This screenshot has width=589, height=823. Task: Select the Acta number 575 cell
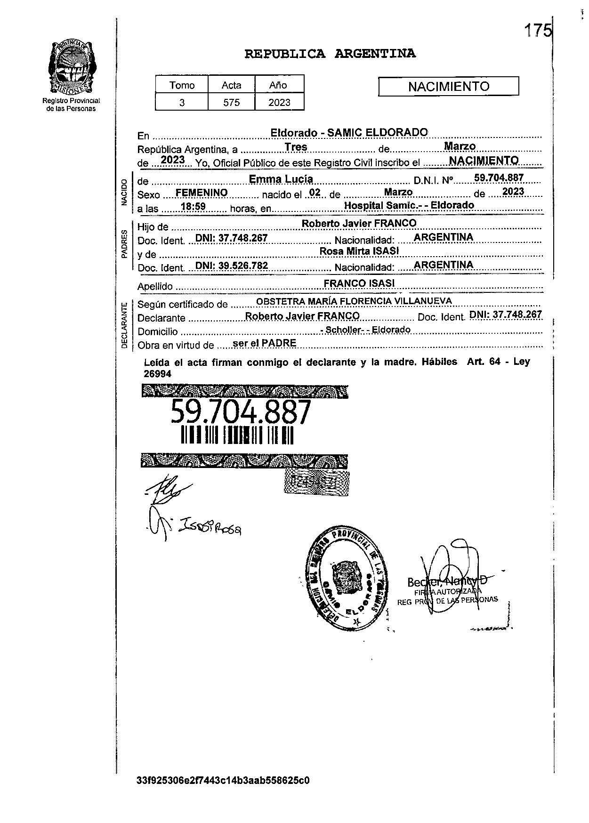(231, 102)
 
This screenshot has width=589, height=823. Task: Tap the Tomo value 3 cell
(182, 102)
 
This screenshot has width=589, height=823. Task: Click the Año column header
(278, 85)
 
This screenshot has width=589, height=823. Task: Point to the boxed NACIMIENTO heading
(448, 86)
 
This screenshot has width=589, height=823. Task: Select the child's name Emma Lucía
(281, 179)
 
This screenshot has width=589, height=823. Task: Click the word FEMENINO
(201, 193)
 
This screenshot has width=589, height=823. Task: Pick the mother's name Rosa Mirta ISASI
(359, 251)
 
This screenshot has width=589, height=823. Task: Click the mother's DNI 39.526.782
(232, 266)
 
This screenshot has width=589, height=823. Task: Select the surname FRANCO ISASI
(359, 283)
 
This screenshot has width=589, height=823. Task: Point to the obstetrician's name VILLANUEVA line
(354, 301)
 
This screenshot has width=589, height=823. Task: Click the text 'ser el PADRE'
(265, 343)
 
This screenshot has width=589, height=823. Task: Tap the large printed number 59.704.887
(241, 412)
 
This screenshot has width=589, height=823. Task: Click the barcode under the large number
(237, 435)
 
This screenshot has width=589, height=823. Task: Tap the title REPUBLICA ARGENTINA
(330, 54)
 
